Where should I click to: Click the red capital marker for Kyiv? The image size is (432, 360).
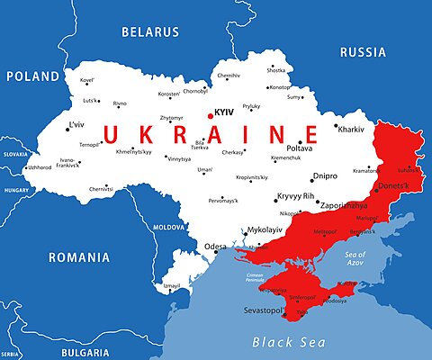(211, 115)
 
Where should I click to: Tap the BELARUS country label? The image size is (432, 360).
(151, 31)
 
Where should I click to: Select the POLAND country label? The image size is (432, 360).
(33, 76)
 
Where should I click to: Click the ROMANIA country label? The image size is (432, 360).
(78, 257)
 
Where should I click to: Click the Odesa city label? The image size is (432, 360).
(215, 246)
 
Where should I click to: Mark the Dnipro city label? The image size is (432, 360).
(325, 176)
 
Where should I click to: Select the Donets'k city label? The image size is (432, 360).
(391, 185)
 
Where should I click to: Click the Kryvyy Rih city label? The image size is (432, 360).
(295, 195)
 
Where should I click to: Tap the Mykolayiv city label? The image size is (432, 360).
(265, 229)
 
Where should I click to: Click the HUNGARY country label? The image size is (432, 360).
(15, 191)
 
